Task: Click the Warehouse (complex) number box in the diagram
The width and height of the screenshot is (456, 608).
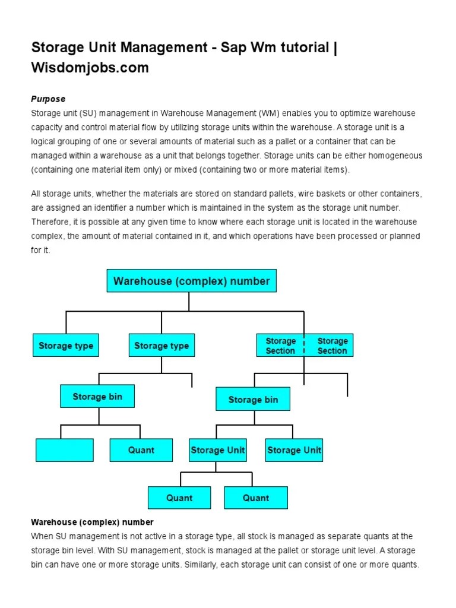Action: [x=191, y=281]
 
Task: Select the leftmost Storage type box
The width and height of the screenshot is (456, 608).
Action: [x=65, y=346]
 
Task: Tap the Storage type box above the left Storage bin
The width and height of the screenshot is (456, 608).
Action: [x=161, y=346]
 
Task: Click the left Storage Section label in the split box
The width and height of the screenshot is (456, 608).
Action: [x=280, y=346]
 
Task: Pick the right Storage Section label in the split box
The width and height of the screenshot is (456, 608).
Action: [x=331, y=346]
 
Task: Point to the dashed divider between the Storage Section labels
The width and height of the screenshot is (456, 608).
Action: [x=305, y=346]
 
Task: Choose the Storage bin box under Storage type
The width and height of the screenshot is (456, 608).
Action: [x=97, y=397]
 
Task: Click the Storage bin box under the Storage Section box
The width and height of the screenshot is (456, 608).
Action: [x=253, y=400]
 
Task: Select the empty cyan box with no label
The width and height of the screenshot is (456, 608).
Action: [x=65, y=450]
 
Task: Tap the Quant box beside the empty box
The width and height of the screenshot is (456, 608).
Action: [x=141, y=450]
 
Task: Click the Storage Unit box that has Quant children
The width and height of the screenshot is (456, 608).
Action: [x=217, y=450]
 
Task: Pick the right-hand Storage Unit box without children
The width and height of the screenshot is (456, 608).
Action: [x=294, y=450]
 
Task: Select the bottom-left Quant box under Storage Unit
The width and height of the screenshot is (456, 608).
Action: [x=179, y=498]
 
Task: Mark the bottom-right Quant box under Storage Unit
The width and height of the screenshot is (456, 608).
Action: [x=256, y=498]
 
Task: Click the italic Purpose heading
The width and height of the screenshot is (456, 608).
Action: [x=48, y=99]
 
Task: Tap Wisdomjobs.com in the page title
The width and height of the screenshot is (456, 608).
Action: [x=90, y=68]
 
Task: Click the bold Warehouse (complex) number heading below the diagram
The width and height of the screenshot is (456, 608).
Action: [x=92, y=522]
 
